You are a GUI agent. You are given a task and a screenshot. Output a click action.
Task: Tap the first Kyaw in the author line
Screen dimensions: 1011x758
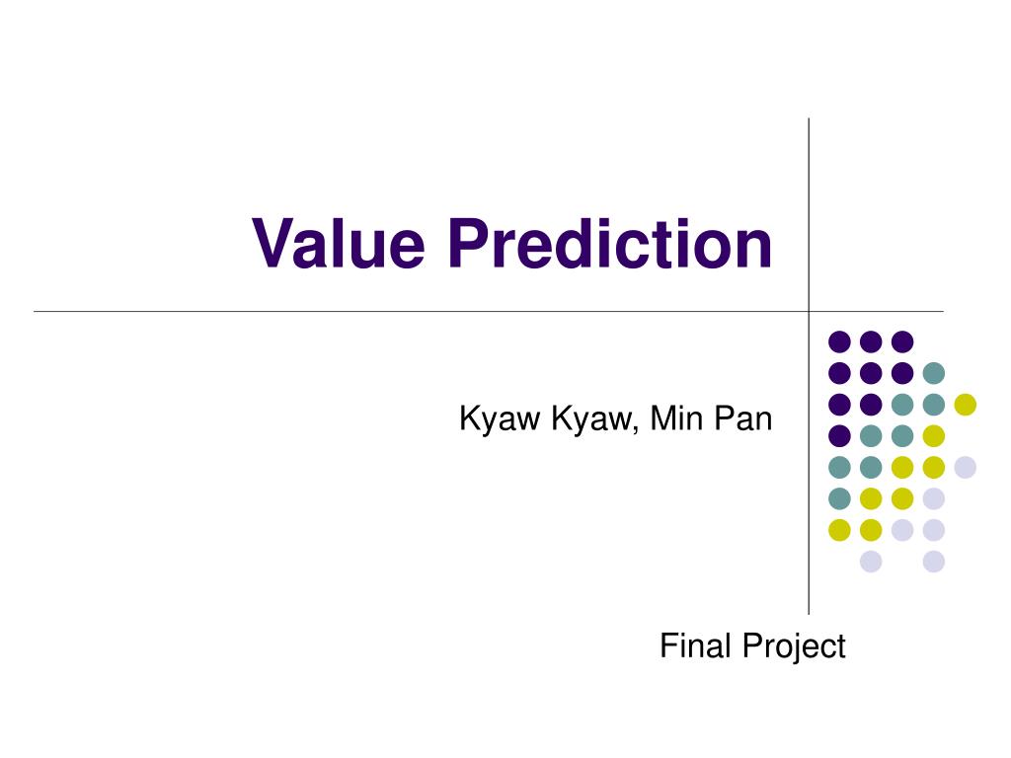[x=500, y=418]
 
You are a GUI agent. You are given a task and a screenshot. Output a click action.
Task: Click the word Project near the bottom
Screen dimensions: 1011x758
[x=794, y=647]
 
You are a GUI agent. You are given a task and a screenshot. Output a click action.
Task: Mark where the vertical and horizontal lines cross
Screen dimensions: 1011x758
[x=809, y=311]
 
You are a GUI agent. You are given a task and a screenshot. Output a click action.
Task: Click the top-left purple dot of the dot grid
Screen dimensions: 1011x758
[x=839, y=341]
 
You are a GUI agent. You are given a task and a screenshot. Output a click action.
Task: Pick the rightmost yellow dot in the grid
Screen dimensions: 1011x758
[x=966, y=404]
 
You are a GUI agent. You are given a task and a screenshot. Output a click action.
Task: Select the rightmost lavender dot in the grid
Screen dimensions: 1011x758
[x=966, y=467]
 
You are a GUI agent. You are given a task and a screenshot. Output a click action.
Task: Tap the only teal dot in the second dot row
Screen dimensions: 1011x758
[x=934, y=372]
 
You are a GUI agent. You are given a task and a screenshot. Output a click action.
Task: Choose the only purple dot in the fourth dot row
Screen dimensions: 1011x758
[x=839, y=435]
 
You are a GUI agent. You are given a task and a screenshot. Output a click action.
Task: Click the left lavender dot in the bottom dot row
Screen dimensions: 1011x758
[x=871, y=562]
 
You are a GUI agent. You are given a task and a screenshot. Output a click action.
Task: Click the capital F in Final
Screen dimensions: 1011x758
[x=668, y=645]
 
